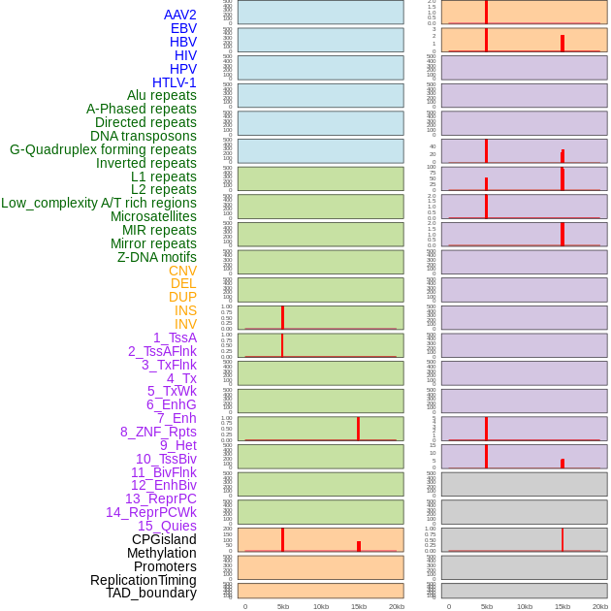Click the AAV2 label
click(x=179, y=15)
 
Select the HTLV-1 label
click(x=174, y=82)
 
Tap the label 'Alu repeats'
click(x=161, y=95)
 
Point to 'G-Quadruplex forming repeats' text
click(x=103, y=149)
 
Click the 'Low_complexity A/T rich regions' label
click(x=99, y=203)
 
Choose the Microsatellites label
click(x=153, y=216)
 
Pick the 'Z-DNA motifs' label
click(x=157, y=257)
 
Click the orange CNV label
click(x=182, y=271)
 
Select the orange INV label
click(x=185, y=324)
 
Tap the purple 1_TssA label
click(x=175, y=338)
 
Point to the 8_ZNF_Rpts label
click(x=158, y=432)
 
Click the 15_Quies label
click(x=167, y=526)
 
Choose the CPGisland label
click(x=164, y=539)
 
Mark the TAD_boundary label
click(x=151, y=593)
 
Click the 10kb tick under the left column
click(x=320, y=606)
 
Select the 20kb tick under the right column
click(x=599, y=606)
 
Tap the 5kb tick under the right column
click(x=486, y=606)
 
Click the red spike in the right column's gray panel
click(x=562, y=539)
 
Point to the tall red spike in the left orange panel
click(x=282, y=539)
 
